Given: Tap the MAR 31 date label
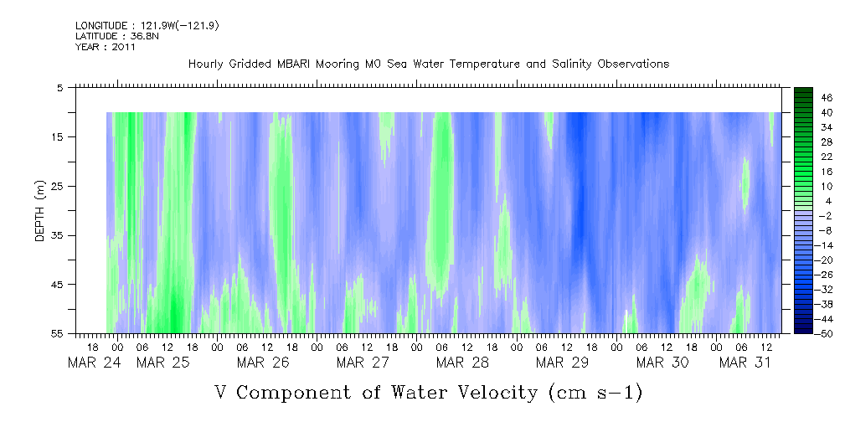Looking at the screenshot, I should pos(745,363).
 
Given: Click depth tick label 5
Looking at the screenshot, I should pos(59,87).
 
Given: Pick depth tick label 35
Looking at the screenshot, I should pos(57,235).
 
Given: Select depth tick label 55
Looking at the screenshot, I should pos(57,333).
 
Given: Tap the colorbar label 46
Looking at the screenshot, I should pos(803,98).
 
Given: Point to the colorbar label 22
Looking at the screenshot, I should pos(803,157).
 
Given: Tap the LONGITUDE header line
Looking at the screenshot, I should pos(147,26).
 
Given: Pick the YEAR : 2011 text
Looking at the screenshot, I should pos(105,47).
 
